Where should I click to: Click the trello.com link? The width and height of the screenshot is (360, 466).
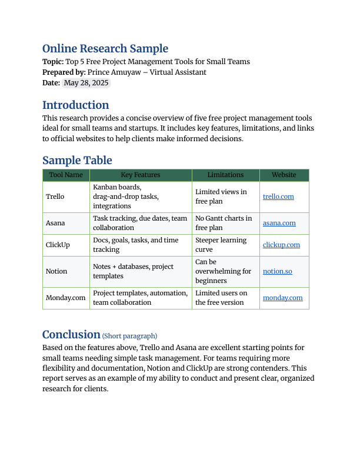click(278, 197)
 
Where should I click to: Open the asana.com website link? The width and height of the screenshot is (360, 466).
click(279, 223)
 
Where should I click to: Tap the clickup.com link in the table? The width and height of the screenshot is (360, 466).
click(281, 245)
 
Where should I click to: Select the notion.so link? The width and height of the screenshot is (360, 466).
click(278, 271)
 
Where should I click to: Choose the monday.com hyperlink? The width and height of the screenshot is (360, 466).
click(282, 298)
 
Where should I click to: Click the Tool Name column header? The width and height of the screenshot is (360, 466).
click(66, 175)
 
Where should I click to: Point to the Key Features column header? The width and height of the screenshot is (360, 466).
click(141, 175)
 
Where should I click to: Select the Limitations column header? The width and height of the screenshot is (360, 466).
click(225, 175)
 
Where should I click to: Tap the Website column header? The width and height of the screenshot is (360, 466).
click(284, 175)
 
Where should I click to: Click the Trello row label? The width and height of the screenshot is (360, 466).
click(55, 197)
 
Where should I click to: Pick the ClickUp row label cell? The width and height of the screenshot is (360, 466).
click(58, 245)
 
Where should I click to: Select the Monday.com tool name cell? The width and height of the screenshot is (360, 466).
click(66, 298)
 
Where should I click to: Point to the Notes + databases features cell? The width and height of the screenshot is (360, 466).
click(133, 271)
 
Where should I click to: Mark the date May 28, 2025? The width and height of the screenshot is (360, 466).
click(86, 83)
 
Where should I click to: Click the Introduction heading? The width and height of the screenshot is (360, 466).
click(75, 105)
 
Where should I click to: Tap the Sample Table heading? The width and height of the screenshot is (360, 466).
click(77, 161)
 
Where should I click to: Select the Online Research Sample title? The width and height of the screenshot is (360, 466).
click(105, 49)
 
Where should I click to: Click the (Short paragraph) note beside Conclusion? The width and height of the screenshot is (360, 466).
click(129, 336)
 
